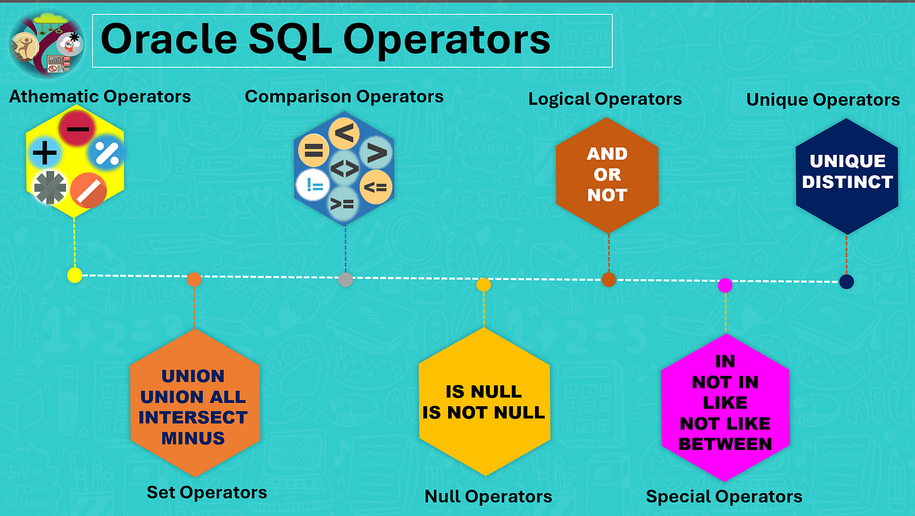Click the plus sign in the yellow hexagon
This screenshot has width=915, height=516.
pos(44,154)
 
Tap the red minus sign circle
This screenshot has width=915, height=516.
pos(77,129)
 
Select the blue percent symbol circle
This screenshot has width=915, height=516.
pos(107,153)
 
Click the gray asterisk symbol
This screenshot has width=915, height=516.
pos(51,187)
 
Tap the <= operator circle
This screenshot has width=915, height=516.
pos(375,187)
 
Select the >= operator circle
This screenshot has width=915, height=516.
pos(344,202)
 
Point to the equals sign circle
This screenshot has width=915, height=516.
pos(313,150)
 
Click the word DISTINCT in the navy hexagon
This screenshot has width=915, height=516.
pos(847,182)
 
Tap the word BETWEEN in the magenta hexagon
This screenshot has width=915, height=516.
pos(725,444)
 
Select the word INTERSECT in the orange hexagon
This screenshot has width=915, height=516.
pos(193,417)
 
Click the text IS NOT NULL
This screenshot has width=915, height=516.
pos(484,412)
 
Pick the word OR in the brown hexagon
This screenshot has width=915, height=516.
pos(607,174)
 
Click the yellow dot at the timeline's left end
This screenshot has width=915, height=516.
pos(75,275)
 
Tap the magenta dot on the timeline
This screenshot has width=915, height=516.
pos(725,285)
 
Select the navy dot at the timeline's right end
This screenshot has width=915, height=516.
pos(846,282)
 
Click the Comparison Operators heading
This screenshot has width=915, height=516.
pos(344,96)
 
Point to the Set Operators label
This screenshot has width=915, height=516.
pos(207,492)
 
